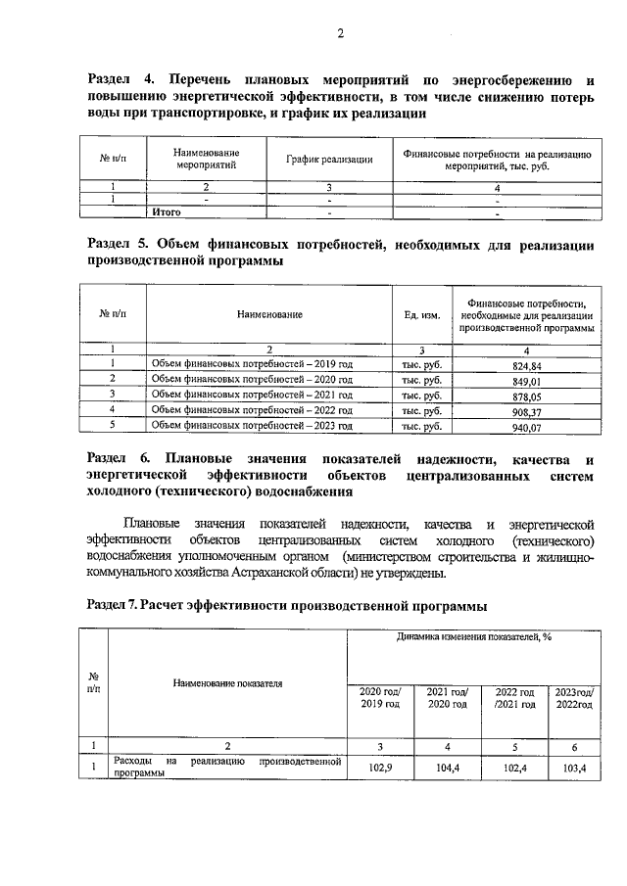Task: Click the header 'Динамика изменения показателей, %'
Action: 474,636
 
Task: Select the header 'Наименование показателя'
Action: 228,682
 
